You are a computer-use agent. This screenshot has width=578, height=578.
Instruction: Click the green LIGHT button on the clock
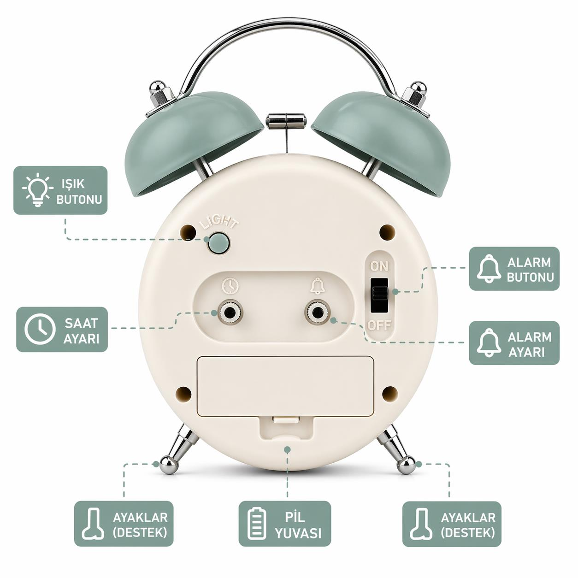218,242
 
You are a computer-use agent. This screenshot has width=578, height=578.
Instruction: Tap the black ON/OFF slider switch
379,295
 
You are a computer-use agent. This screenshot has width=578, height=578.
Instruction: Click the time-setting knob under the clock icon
230,313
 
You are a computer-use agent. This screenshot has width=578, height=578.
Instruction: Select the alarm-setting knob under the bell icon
317,313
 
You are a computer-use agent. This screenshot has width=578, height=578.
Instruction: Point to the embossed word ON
379,266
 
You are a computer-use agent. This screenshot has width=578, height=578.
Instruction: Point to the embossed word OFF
379,325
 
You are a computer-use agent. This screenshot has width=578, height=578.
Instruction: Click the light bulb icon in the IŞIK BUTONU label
37,190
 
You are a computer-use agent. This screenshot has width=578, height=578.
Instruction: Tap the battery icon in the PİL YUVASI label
257,523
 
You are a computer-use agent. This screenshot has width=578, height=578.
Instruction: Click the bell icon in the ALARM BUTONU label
489,268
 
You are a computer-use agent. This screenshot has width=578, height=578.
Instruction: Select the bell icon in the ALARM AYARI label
489,343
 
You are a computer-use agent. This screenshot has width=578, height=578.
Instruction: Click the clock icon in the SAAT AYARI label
40,329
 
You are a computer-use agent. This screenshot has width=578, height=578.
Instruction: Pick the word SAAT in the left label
81,323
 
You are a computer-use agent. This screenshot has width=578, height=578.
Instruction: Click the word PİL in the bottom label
295,517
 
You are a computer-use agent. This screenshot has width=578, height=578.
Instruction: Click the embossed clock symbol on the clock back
230,286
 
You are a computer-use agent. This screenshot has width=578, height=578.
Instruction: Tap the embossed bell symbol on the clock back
317,286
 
